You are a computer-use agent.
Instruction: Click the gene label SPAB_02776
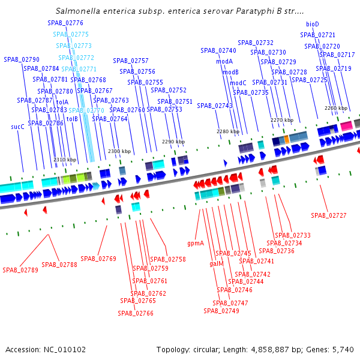tap(65, 22)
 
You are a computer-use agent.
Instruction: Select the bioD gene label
tap(313, 24)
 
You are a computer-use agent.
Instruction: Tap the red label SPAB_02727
tap(328, 215)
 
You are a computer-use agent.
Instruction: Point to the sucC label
tap(17, 127)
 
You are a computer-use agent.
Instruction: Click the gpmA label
tap(196, 244)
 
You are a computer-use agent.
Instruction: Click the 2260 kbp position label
tap(335, 109)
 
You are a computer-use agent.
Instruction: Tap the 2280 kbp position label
tap(228, 131)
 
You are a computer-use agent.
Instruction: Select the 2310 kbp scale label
tap(65, 160)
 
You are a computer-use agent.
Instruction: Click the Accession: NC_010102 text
tap(46, 349)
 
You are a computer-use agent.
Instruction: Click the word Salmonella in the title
tap(80, 11)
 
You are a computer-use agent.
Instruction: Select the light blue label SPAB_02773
tap(74, 45)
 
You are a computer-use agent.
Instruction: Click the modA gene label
tap(224, 61)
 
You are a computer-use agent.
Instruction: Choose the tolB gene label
tap(72, 119)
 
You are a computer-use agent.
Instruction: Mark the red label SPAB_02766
tap(136, 313)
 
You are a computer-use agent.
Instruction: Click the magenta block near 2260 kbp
tap(346, 125)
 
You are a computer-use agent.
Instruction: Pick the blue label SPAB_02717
tap(337, 55)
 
